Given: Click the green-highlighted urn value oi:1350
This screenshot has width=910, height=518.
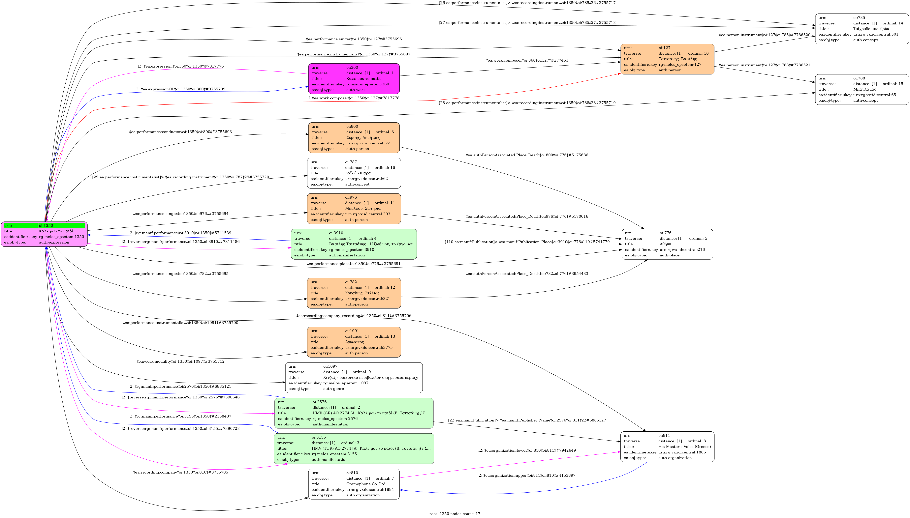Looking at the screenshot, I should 46,226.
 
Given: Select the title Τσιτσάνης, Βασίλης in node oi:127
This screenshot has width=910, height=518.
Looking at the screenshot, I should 678,59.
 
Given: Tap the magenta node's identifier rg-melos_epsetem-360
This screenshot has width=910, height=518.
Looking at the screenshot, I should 367,84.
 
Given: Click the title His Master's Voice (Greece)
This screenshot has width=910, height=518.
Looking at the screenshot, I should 684,446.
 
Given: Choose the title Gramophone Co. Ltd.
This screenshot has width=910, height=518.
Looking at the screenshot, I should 366,484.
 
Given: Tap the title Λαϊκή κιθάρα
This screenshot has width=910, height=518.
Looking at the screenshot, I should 358,173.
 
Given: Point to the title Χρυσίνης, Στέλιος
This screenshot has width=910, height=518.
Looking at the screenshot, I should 362,293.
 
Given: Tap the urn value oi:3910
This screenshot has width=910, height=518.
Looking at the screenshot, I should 336,233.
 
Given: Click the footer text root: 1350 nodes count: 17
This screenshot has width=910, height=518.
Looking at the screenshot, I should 455,514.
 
